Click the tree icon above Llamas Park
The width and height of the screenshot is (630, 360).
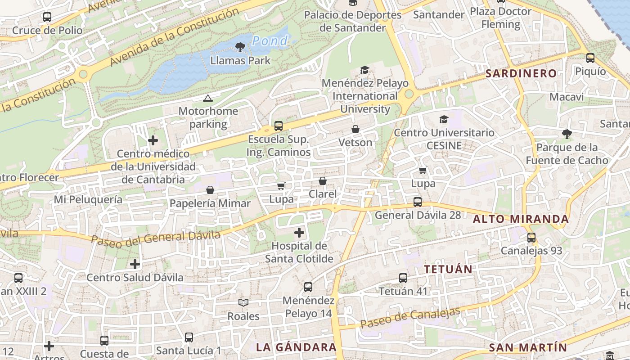point(240,47)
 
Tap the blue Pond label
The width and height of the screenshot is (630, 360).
point(270,41)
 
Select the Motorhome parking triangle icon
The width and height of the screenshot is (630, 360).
point(207,98)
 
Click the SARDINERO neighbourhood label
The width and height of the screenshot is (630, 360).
point(521,73)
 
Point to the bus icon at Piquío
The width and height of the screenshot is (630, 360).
point(590,58)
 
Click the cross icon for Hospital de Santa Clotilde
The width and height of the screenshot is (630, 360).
point(299,233)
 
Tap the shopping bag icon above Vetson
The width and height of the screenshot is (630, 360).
point(355,130)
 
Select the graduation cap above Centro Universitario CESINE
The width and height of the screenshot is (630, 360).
point(444,119)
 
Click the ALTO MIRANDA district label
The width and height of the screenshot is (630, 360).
point(521,219)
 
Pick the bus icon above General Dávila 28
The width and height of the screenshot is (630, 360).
point(418,202)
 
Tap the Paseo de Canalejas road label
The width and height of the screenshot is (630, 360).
point(410,317)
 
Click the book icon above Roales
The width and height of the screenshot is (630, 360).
point(243,303)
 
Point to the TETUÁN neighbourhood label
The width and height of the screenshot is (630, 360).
point(448,270)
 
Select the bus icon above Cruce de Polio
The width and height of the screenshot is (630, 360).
point(47,17)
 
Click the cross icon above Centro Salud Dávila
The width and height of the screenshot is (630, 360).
point(135,264)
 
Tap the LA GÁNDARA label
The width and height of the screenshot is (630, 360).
point(296,347)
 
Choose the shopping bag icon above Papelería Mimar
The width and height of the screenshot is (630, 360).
point(210,190)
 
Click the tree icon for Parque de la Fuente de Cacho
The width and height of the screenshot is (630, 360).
point(567,134)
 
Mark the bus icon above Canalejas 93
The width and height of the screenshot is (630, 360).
point(531,238)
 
